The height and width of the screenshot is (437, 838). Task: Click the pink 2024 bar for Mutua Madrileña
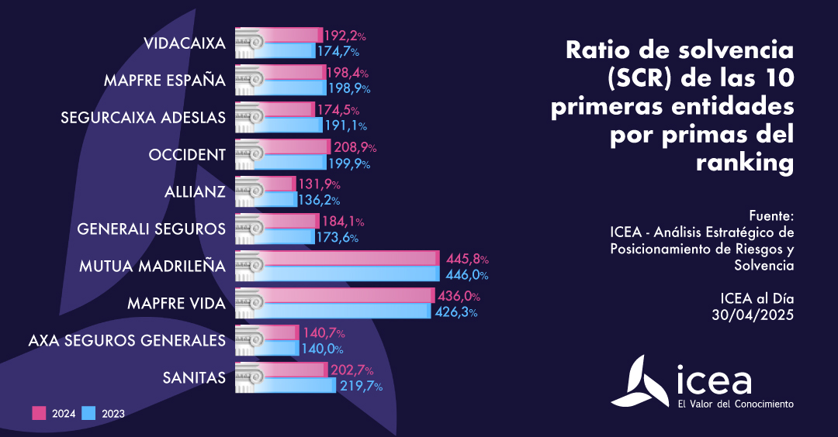coord(349,258)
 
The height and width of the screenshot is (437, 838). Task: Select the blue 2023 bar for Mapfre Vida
coord(345,311)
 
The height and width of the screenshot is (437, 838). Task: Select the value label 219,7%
coord(360,386)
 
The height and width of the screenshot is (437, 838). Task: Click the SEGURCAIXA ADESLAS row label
coord(143,118)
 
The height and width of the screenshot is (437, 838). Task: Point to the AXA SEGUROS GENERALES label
coord(126,340)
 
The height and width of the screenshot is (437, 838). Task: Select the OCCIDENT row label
coord(187,155)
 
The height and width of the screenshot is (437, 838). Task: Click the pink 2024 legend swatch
coord(39,413)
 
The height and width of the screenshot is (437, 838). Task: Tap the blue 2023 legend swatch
coord(89,413)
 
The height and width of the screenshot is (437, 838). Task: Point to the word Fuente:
coord(772,215)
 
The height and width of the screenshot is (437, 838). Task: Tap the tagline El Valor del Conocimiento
coord(736,404)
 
